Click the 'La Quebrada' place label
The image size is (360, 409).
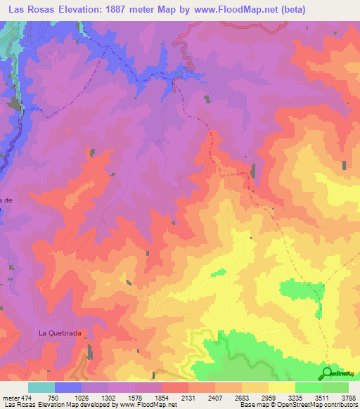click(x=55, y=332)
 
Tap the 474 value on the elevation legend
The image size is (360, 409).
click(x=25, y=396)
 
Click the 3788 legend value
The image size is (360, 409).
click(x=348, y=396)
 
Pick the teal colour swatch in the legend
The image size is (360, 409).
click(x=41, y=387)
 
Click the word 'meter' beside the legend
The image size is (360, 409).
click(x=11, y=396)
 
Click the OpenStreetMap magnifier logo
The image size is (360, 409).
click(x=326, y=372)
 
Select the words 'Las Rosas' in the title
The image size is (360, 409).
click(x=30, y=8)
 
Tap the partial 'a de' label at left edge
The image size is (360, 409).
click(x=7, y=200)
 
